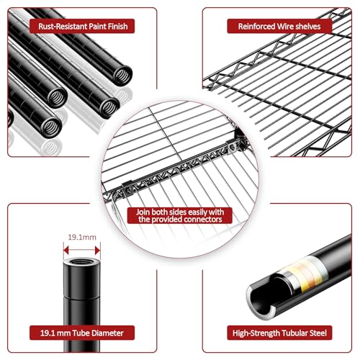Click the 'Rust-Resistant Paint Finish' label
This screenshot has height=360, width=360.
[82, 26]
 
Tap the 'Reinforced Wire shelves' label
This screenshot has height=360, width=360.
[279, 26]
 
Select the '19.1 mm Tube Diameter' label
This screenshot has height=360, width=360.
[82, 333]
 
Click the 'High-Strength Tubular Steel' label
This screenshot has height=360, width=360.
[279, 333]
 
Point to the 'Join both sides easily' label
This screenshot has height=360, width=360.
[180, 216]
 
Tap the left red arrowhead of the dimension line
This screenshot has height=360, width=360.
[66, 250]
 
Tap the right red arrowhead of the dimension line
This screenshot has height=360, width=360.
[98, 250]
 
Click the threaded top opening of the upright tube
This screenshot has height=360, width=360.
[82, 261]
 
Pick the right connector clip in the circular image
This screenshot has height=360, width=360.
[232, 146]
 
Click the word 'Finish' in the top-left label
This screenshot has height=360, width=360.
[117, 26]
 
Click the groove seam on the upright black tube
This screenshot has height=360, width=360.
[82, 297]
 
